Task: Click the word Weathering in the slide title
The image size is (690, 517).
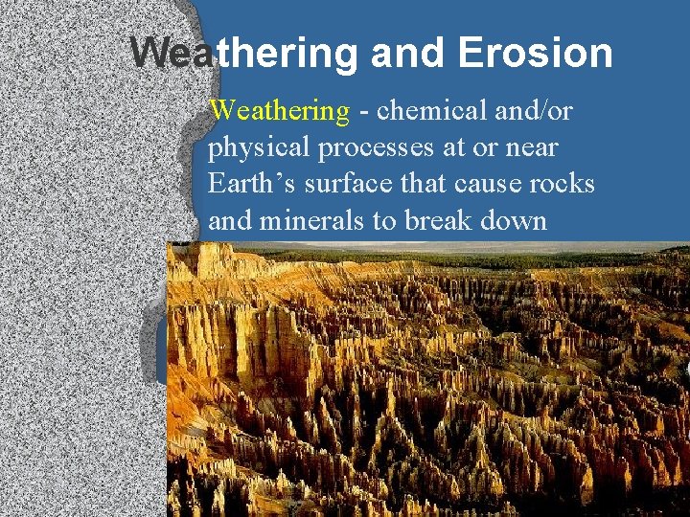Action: coord(244,54)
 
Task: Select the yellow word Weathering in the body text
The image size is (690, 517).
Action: coord(280,111)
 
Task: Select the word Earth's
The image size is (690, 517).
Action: coord(249,185)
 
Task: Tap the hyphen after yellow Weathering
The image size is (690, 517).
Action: coord(364,112)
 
